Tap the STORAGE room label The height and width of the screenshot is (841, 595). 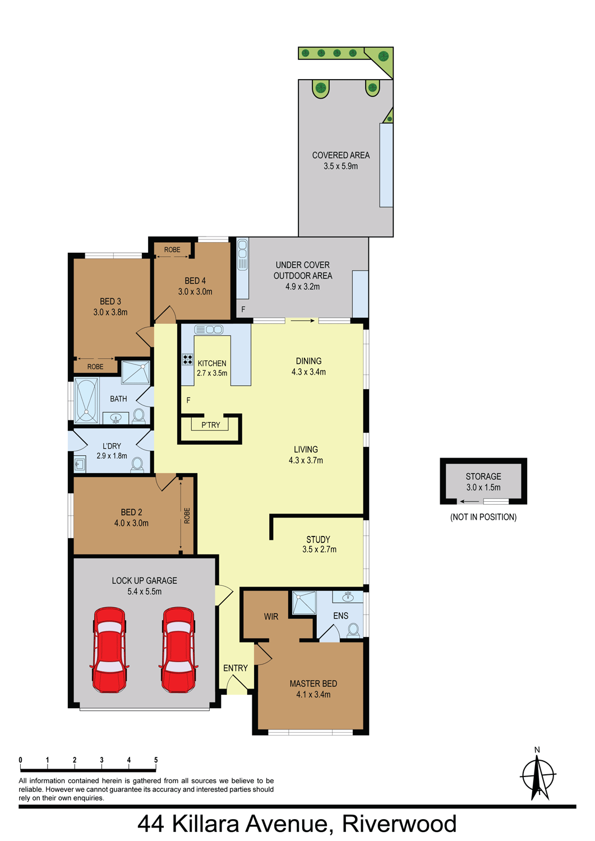pyautogui.click(x=483, y=477)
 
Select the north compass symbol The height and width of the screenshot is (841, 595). pyautogui.click(x=538, y=778)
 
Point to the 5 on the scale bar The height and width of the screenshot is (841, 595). pyautogui.click(x=156, y=760)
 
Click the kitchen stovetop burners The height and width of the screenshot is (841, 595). pyautogui.click(x=187, y=359)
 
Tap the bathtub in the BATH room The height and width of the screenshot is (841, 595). pyautogui.click(x=86, y=400)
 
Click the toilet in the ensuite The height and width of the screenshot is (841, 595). pyautogui.click(x=353, y=630)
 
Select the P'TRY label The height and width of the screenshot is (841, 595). pyautogui.click(x=210, y=425)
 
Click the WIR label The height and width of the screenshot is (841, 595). pyautogui.click(x=271, y=617)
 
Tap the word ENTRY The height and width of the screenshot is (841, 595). pyautogui.click(x=236, y=668)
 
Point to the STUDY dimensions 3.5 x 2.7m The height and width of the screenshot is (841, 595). pyautogui.click(x=319, y=549)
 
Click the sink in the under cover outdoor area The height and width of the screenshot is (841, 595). pyautogui.click(x=243, y=254)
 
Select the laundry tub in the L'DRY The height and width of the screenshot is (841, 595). pyautogui.click(x=80, y=465)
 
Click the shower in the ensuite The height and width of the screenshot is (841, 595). pyautogui.click(x=305, y=603)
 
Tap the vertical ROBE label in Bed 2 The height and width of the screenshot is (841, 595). pyautogui.click(x=187, y=516)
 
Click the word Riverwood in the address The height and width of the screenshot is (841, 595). pyautogui.click(x=399, y=825)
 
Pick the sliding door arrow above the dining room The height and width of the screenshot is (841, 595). pyautogui.click(x=302, y=321)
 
